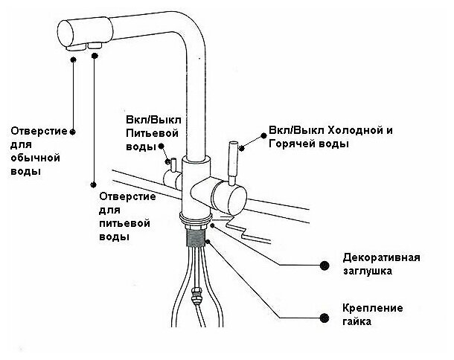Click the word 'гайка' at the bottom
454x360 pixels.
[x=358, y=322]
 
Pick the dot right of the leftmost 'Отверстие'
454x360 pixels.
[x=72, y=131]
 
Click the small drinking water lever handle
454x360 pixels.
[x=170, y=165]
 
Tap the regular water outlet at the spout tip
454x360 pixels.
[x=74, y=47]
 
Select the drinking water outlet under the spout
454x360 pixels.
[x=96, y=47]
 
